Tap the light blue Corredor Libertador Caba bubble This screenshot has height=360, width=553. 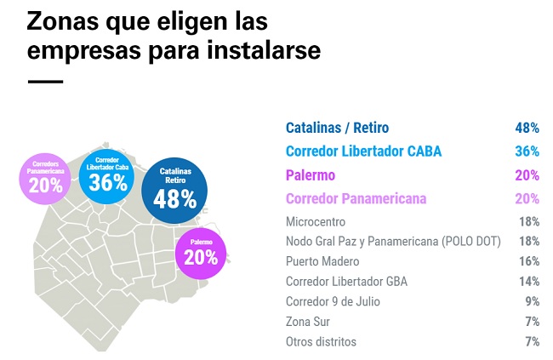pos(107,174)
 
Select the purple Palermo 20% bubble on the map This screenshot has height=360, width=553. pos(201,250)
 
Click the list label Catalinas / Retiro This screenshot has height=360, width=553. pos(337,129)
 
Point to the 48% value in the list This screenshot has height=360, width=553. pos(527,129)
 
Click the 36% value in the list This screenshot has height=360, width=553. pos(527,151)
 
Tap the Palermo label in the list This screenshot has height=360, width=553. pos(311,175)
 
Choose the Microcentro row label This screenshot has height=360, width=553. pos(316,221)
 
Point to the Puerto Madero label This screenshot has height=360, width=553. pos(323,261)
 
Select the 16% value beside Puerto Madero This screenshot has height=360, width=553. pos(528,261)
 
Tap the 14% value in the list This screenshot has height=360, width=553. pos(528,282)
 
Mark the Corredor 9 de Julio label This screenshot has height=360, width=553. pos(333,301)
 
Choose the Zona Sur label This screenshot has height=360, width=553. pos(310,322)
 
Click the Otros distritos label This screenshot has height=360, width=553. pos(321,342)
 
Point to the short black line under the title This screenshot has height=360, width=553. pos(45,82)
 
